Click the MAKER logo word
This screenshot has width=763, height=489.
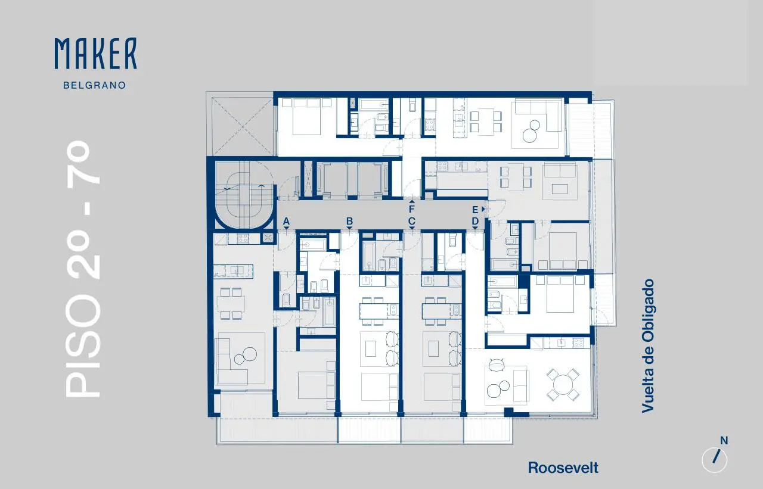(96, 54)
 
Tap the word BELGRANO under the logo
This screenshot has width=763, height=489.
(95, 85)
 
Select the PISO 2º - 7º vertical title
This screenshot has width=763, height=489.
(83, 269)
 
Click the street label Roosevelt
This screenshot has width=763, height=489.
(563, 468)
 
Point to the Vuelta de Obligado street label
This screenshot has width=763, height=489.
(648, 345)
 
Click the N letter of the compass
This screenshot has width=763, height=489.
(724, 441)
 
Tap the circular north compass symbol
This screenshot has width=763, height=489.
(715, 460)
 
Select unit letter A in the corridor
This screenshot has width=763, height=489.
(286, 221)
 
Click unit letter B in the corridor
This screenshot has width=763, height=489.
(349, 221)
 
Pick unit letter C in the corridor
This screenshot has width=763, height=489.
(412, 221)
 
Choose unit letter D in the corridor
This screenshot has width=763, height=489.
(475, 221)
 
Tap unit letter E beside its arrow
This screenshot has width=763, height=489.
(475, 210)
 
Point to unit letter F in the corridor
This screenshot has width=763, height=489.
(412, 209)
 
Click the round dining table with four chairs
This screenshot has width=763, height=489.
(563, 385)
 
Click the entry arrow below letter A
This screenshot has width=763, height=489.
(286, 228)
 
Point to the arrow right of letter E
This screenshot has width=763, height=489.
(483, 209)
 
